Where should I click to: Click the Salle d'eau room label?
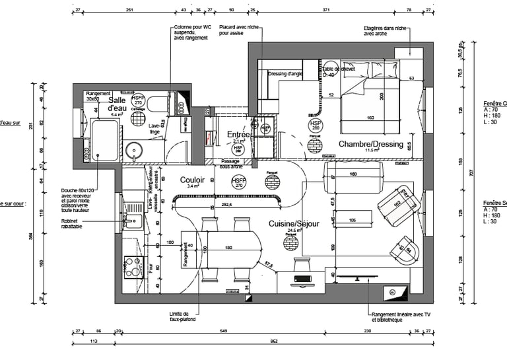pos(117,104)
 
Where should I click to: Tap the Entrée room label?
pos(238,135)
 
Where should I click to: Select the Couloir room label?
pos(192,180)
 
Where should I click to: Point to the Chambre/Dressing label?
pos(370,143)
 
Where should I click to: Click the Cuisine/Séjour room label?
pos(294,224)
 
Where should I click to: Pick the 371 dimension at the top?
pos(325,11)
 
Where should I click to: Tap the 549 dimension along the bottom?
pos(223,330)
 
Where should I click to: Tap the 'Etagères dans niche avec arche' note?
pos(387,31)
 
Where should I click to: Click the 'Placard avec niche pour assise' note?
pos(239,30)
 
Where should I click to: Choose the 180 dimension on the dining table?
pos(229,248)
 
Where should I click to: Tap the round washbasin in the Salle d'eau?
pos(134,151)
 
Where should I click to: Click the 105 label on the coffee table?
pos(353,219)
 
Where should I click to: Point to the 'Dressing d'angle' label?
pos(285,74)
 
